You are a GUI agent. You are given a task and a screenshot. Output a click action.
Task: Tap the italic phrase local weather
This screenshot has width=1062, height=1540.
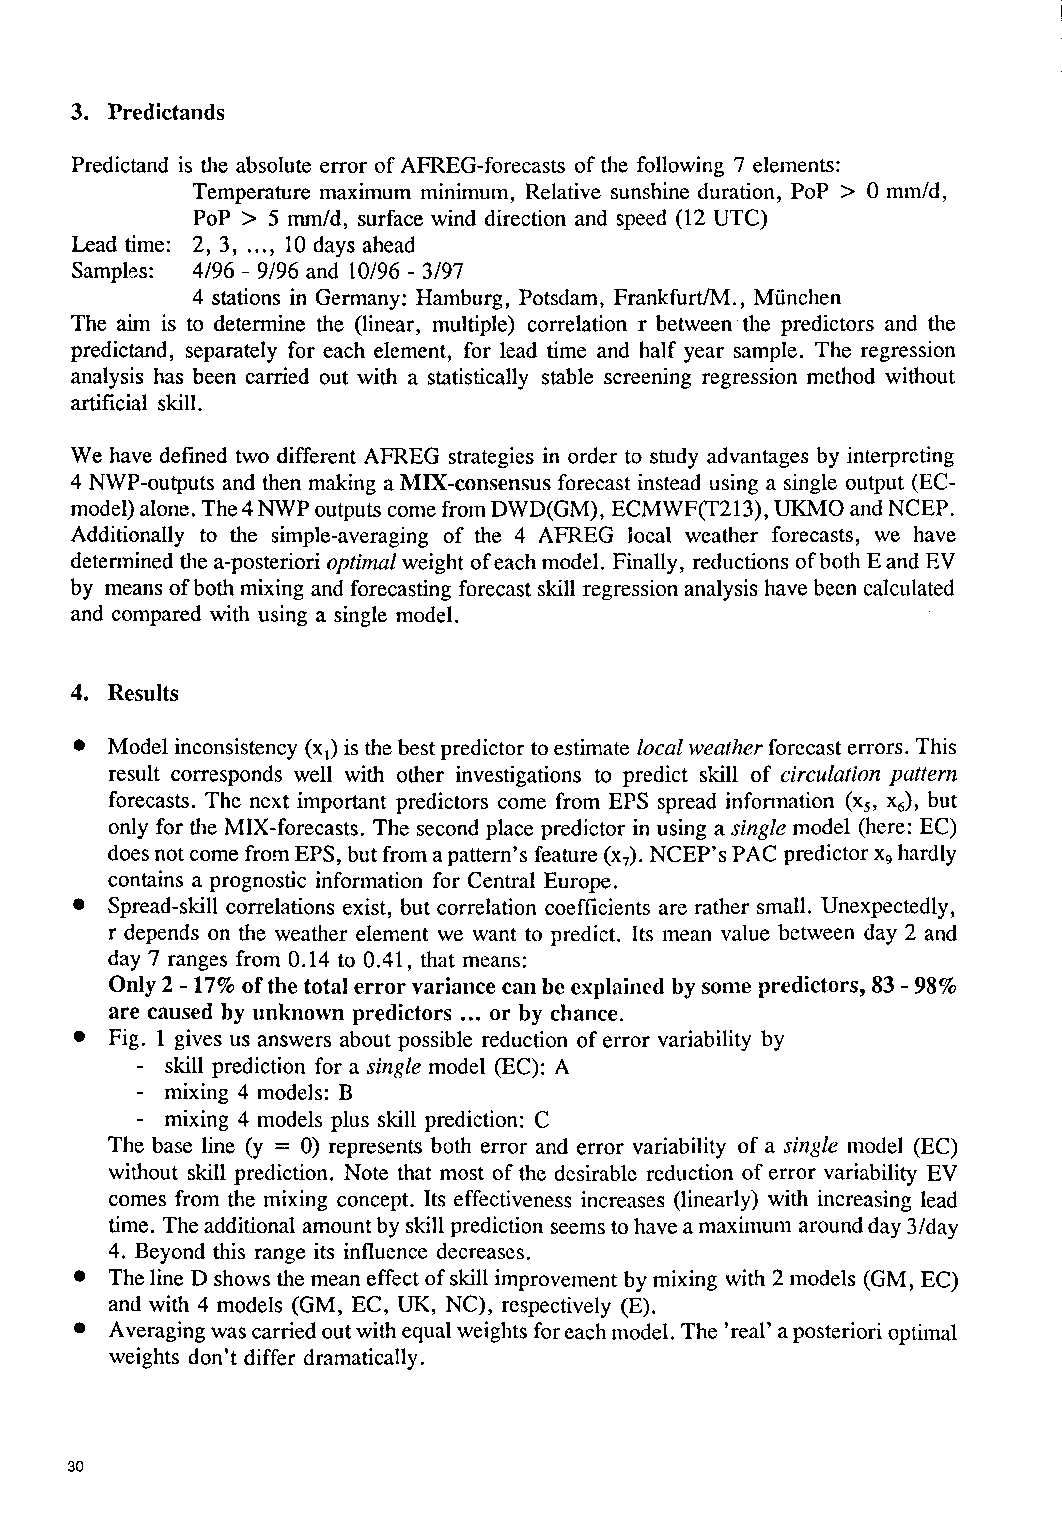click(x=699, y=748)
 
